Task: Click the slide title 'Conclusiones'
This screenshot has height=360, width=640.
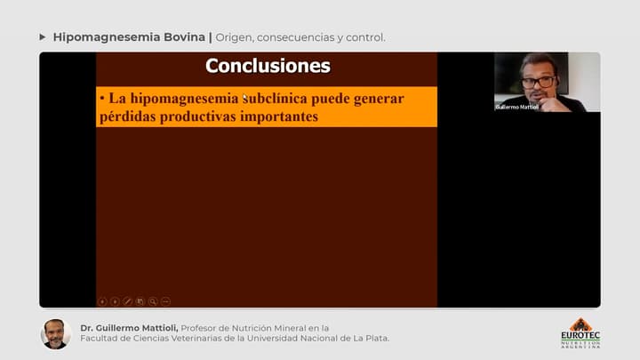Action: pos(268,66)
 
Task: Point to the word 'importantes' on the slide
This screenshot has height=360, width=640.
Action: pos(277,116)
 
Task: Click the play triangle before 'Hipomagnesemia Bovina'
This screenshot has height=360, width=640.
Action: pos(43,37)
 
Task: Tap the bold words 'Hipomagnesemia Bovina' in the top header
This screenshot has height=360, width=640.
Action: pos(129,37)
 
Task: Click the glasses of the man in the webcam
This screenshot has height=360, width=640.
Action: pos(538,81)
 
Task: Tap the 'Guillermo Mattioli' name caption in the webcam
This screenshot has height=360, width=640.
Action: pos(517,107)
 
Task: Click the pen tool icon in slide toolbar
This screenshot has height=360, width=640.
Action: pos(127,301)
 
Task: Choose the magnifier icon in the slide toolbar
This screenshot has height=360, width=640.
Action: pos(153,301)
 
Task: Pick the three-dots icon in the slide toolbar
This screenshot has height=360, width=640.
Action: pos(165,301)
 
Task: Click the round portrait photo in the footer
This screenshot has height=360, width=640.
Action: pos(55,333)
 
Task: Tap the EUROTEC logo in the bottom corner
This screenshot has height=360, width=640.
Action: pos(580,333)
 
